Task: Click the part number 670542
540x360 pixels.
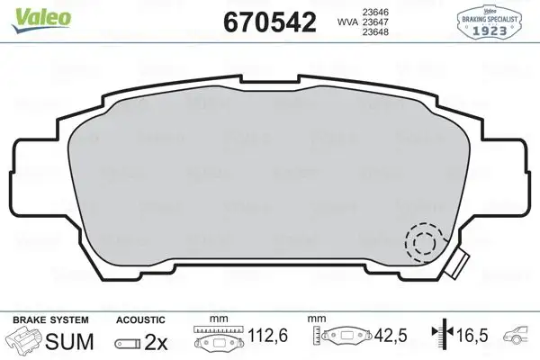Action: pos(270,22)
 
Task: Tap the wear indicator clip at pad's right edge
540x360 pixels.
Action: pos(457,264)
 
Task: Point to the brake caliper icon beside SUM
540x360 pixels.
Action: pos(24,342)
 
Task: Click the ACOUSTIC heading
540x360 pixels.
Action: pos(140,320)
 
